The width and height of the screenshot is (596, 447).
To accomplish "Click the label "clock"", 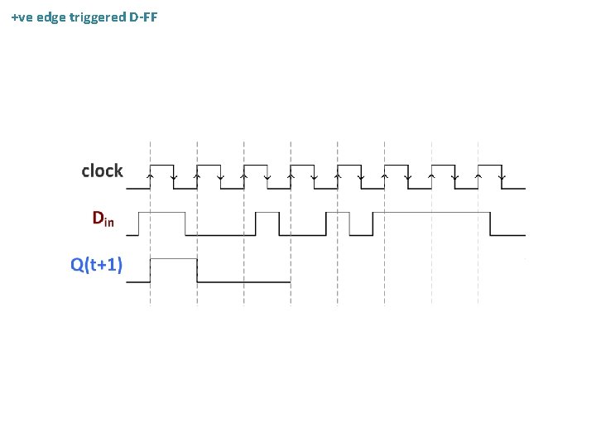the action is coord(102,171).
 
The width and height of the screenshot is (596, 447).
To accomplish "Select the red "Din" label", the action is coord(103,219).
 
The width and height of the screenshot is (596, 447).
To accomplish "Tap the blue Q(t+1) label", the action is coord(97,265).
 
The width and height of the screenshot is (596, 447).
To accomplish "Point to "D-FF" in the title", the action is coord(143,17).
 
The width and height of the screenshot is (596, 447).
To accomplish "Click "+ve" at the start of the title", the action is coord(24,17).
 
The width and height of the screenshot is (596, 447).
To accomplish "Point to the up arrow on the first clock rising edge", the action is coord(150,175).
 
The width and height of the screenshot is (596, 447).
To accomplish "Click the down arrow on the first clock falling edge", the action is coord(173,176).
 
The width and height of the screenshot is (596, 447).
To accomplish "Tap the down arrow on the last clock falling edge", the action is coord(502,176).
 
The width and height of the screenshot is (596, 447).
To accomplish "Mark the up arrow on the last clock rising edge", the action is coord(478,175).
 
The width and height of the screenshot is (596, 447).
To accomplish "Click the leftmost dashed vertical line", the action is coord(150,248).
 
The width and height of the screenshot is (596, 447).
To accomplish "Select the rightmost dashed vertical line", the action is coord(478,248).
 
